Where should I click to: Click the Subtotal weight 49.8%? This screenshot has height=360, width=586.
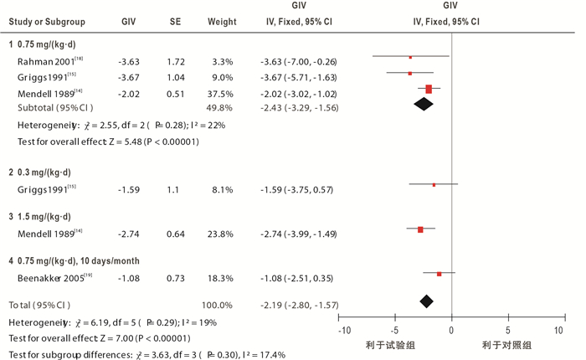pyautogui.click(x=221, y=108)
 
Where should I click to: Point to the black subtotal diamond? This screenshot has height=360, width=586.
pyautogui.click(x=424, y=103)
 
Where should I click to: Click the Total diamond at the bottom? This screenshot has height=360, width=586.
pyautogui.click(x=427, y=301)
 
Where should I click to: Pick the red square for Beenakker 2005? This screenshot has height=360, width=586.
pyautogui.click(x=439, y=274)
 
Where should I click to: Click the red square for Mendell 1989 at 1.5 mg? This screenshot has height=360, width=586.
pyautogui.click(x=421, y=229)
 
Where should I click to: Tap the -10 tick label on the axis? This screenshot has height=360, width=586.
pyautogui.click(x=343, y=331)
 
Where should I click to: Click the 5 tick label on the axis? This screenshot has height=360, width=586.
pyautogui.click(x=507, y=331)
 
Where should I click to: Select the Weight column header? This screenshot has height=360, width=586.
pyautogui.click(x=222, y=21)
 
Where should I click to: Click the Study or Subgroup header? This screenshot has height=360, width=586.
pyautogui.click(x=43, y=21)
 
